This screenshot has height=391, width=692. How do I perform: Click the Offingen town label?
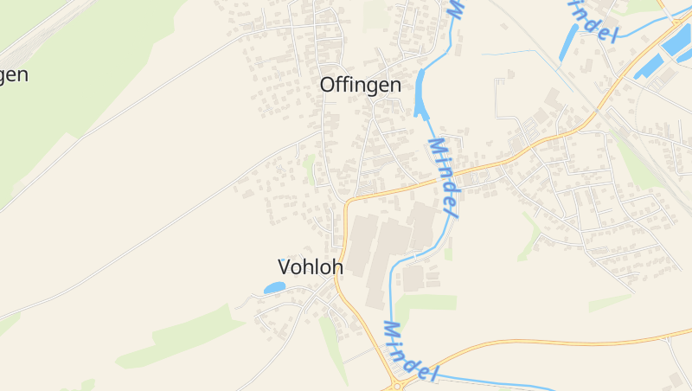click(x=360, y=85)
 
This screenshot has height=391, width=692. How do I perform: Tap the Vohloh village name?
click(x=310, y=267)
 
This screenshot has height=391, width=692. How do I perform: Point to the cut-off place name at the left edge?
click(x=13, y=74)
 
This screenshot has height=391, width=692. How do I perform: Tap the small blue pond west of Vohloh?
click(x=274, y=287)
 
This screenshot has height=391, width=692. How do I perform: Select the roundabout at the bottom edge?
click(x=400, y=382)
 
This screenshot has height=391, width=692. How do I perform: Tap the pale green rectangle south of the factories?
click(x=426, y=303)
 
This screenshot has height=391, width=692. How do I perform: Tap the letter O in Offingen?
click(x=329, y=85)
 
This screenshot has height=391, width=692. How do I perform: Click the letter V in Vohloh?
click(x=285, y=267)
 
